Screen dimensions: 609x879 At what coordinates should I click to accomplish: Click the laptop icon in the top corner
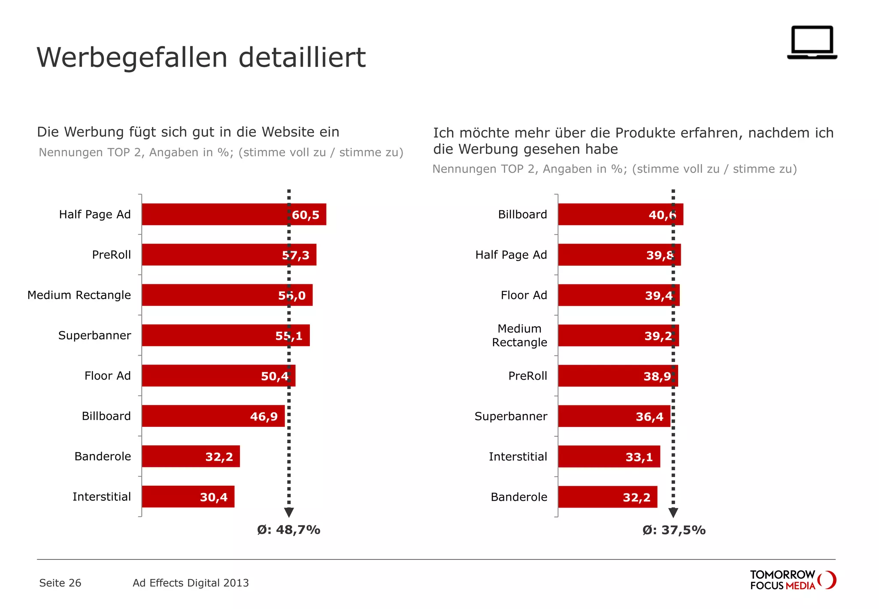tap(812, 43)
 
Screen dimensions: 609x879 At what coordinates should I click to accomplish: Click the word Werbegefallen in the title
tap(132, 58)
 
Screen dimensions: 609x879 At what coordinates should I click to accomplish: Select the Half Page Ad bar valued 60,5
tap(234, 214)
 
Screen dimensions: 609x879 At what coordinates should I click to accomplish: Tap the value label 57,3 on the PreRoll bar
tap(296, 255)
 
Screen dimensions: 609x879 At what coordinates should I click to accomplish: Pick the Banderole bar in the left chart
tap(191, 456)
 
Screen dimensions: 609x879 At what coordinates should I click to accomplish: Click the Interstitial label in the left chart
tap(102, 497)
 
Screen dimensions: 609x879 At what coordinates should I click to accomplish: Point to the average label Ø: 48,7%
tap(288, 530)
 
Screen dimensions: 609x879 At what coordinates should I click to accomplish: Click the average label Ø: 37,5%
tap(674, 530)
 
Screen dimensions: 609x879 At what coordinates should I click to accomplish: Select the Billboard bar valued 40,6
tap(620, 214)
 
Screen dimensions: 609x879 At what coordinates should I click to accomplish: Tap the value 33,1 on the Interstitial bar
tap(639, 457)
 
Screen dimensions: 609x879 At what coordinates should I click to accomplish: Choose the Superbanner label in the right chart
tap(511, 416)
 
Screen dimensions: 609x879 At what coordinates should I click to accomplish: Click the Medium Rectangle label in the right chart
tap(519, 335)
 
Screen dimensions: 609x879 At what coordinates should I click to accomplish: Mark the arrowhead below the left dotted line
tap(289, 512)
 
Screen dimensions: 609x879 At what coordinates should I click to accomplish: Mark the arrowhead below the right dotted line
tap(673, 512)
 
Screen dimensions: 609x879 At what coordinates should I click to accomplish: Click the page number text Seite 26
tap(60, 583)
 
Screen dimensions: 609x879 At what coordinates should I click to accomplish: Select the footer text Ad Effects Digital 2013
tap(191, 583)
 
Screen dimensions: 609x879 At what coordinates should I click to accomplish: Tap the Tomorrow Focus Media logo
tap(793, 580)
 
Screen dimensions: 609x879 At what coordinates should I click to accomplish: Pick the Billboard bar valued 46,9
tap(213, 416)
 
